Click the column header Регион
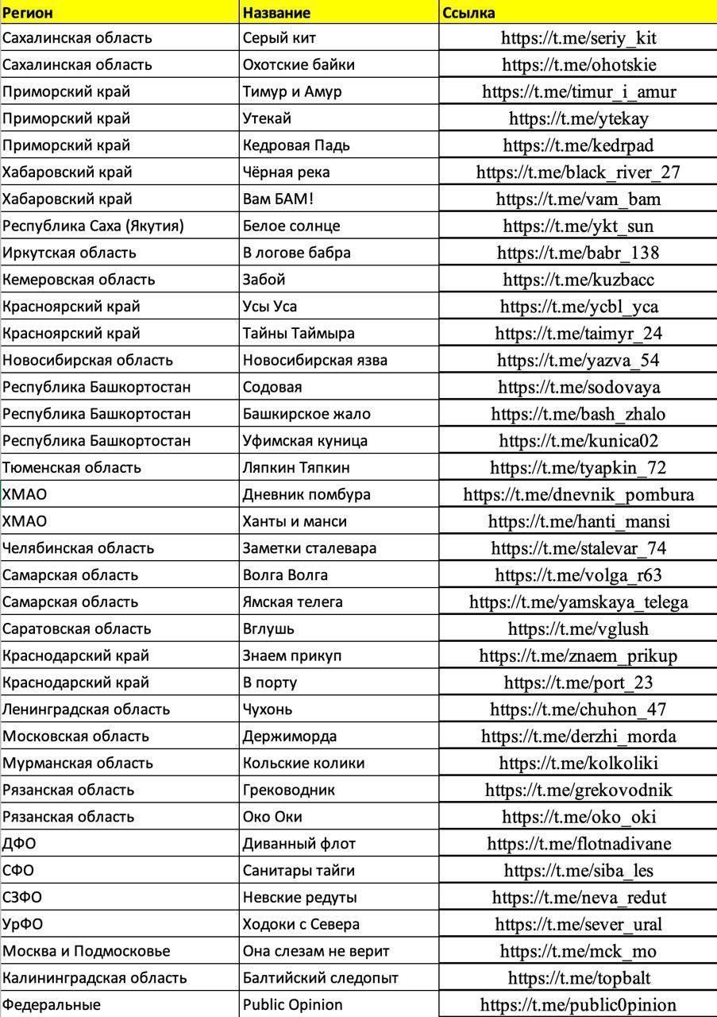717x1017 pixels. click(29, 13)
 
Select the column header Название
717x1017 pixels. click(276, 13)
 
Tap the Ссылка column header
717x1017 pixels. click(468, 13)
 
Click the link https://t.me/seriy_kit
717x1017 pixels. click(578, 38)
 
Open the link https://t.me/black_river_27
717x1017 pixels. click(578, 172)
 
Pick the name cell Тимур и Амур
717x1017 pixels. click(292, 91)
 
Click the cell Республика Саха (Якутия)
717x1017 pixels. click(93, 226)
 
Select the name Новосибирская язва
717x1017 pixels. click(315, 360)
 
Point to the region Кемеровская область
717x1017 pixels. click(79, 280)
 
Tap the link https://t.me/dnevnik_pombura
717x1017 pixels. click(578, 495)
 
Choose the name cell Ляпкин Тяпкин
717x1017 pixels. click(296, 467)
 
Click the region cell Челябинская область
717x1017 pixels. click(78, 548)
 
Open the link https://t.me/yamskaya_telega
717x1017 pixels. click(578, 602)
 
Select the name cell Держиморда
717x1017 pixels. click(289, 737)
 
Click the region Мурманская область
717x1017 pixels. click(77, 764)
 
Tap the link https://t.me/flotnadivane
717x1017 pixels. click(578, 844)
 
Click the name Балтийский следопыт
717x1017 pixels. click(320, 978)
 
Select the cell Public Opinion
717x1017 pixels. click(292, 1005)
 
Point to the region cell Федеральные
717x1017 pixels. click(52, 1005)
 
